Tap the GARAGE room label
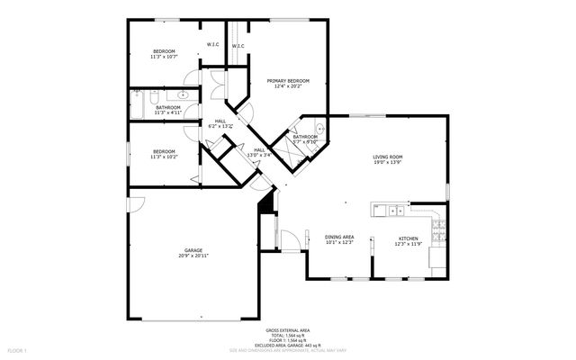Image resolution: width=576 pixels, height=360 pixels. [x=193, y=250]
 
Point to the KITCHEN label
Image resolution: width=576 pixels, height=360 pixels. [x=409, y=238]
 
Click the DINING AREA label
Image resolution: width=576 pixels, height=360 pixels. [x=339, y=237]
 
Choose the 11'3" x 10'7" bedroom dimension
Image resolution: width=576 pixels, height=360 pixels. [x=163, y=57]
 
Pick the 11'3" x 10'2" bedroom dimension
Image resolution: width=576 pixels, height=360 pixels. [x=163, y=157]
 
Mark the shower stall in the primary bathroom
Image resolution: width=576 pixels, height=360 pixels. [x=298, y=148]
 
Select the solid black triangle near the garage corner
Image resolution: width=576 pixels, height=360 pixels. [x=265, y=206]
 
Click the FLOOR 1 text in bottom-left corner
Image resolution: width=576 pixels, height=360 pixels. [x=17, y=349]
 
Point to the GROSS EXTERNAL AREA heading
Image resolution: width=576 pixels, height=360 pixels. [x=288, y=330]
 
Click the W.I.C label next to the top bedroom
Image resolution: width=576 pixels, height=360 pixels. [x=212, y=45]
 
